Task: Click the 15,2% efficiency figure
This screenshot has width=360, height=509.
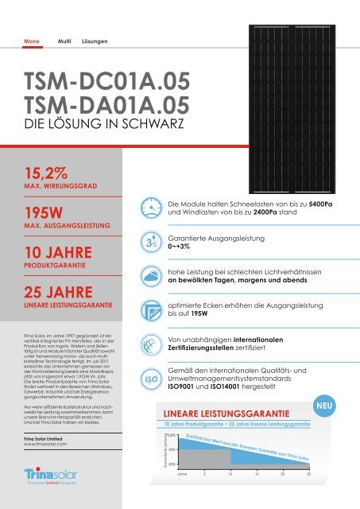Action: point(45,173)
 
